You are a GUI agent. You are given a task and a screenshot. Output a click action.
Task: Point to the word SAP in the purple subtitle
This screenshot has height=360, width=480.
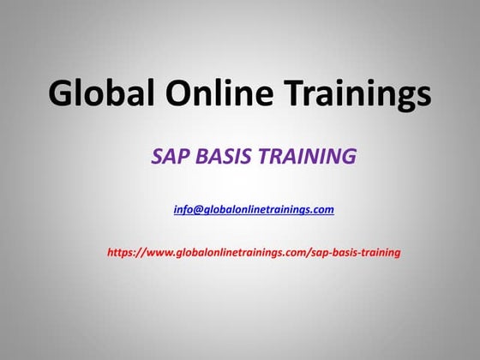169,157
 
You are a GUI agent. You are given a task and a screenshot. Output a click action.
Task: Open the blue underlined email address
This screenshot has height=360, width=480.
254,209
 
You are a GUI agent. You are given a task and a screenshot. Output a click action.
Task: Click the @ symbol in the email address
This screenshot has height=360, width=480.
197,209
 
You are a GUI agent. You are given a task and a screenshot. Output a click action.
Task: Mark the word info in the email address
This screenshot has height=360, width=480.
183,209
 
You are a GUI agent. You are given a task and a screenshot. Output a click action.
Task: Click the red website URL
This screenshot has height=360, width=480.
254,253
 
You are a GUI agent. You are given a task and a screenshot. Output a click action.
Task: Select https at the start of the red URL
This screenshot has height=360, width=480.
121,253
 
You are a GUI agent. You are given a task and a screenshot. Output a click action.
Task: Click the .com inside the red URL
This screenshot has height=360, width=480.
290,253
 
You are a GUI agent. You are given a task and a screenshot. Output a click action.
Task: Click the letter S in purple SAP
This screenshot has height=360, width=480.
158,157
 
